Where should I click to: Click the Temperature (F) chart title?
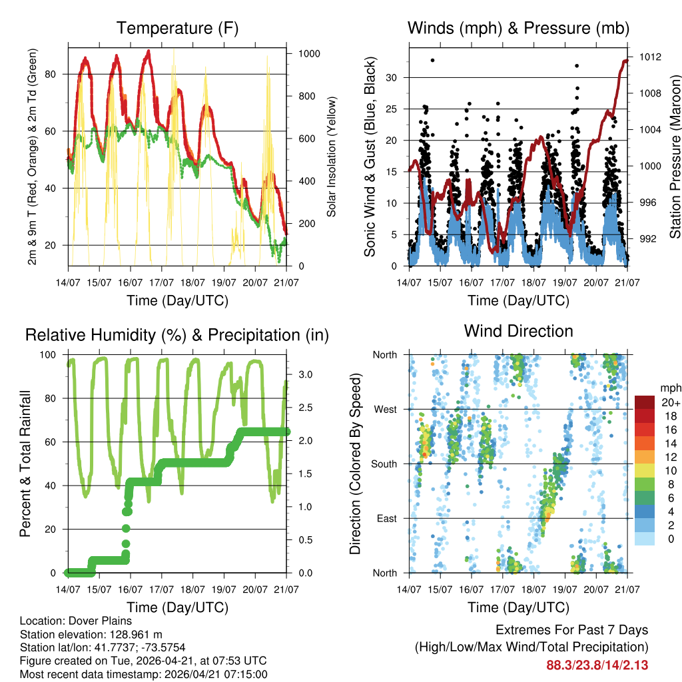click(176, 29)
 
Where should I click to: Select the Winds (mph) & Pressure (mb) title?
click(518, 29)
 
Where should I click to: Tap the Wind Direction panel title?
click(518, 331)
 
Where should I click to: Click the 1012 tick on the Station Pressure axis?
click(649, 57)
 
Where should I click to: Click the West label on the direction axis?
click(385, 409)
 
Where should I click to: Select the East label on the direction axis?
click(386, 518)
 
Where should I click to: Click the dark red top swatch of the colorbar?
click(644, 402)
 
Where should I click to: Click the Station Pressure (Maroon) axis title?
click(674, 157)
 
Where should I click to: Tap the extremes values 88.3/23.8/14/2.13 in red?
click(597, 665)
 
